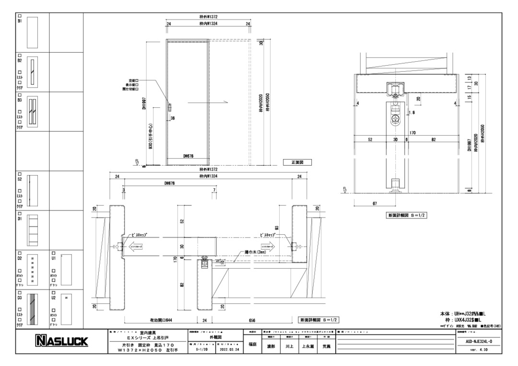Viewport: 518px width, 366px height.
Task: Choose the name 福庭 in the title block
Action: pos(253,343)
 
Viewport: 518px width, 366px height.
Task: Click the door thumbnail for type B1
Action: pos(32,32)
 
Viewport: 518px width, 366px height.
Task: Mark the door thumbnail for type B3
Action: pos(32,110)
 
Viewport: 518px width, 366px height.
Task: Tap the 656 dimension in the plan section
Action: pos(252,320)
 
